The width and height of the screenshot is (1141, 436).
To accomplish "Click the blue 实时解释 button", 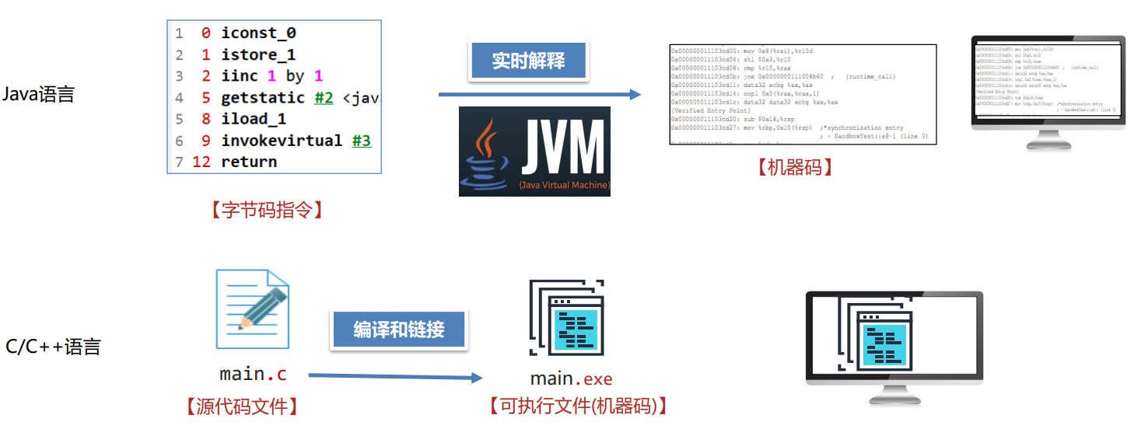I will [528, 61].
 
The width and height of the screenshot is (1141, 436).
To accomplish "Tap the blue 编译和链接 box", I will [398, 329].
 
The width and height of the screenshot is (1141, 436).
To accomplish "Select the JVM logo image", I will [534, 151].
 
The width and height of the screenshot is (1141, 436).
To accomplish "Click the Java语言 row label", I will [38, 95].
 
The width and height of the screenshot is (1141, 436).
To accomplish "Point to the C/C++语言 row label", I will [53, 347].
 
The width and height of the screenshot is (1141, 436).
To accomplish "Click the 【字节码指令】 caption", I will [266, 210].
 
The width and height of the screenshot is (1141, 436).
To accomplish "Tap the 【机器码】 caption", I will [794, 166].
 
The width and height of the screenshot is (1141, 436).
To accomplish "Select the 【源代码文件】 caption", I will [241, 406].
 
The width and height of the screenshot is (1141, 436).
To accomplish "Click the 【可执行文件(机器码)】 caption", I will [577, 406].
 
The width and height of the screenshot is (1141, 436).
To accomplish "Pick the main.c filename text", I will [253, 374].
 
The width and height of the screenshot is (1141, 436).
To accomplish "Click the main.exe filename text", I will [571, 379].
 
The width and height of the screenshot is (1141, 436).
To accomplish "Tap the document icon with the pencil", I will [253, 309].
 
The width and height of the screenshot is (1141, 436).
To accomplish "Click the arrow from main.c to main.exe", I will [395, 377].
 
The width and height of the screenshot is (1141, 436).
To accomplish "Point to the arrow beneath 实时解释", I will [540, 95].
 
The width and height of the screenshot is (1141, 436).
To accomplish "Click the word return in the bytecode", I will [249, 162].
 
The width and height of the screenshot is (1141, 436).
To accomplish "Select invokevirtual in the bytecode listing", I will [282, 141].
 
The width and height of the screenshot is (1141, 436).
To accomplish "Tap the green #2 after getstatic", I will [324, 98].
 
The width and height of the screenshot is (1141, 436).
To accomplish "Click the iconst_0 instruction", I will [258, 33].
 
